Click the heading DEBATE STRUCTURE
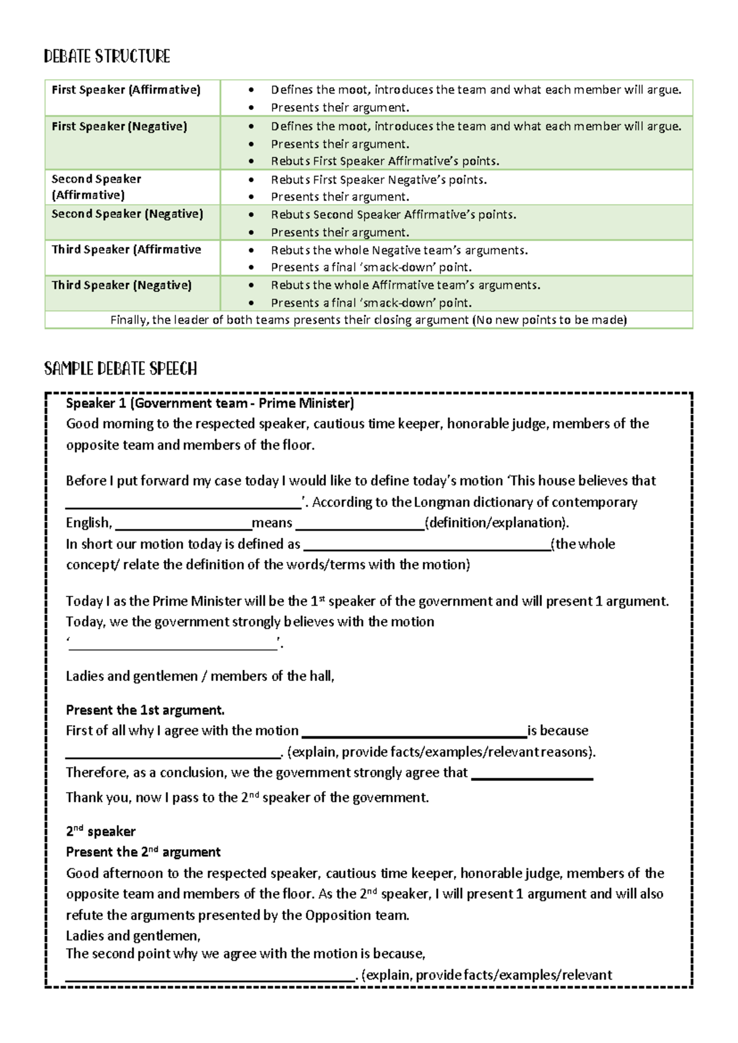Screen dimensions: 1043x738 [107, 57]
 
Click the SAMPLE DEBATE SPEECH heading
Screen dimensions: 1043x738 [121, 369]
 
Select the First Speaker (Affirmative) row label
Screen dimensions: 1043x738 [126, 90]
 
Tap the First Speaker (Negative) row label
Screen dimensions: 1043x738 [119, 127]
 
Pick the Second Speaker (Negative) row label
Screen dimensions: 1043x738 [127, 214]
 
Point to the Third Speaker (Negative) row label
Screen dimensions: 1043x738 [122, 285]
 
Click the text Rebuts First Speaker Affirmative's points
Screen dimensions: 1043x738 [385, 161]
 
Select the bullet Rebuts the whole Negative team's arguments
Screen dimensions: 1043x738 [399, 250]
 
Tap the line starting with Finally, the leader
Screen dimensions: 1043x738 [368, 320]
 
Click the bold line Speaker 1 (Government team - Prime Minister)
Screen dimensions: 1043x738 [210, 403]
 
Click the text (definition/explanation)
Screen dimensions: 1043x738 [497, 523]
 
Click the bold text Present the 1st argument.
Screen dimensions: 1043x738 [145, 710]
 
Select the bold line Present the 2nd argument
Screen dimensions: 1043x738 [143, 852]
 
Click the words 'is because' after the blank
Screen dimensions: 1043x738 [558, 731]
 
